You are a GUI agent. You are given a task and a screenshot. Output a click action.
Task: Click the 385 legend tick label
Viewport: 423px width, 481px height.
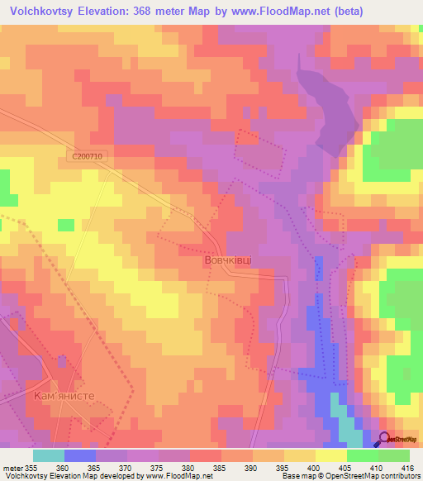coord(221,467)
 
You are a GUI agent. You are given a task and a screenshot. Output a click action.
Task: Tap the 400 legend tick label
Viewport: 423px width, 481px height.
coord(315,467)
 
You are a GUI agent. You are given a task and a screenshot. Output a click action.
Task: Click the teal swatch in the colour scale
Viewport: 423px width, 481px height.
coord(49,455)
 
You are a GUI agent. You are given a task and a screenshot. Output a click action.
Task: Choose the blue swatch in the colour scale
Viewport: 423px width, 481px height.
coord(80,455)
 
